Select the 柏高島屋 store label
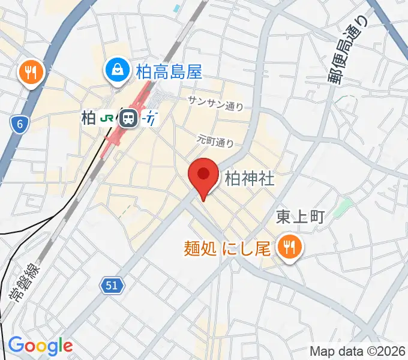point(169,73)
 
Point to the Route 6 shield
point(19,124)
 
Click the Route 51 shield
point(112,286)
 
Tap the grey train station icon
point(127,118)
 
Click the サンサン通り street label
point(215,103)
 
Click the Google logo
point(40,346)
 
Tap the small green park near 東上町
point(342,208)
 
